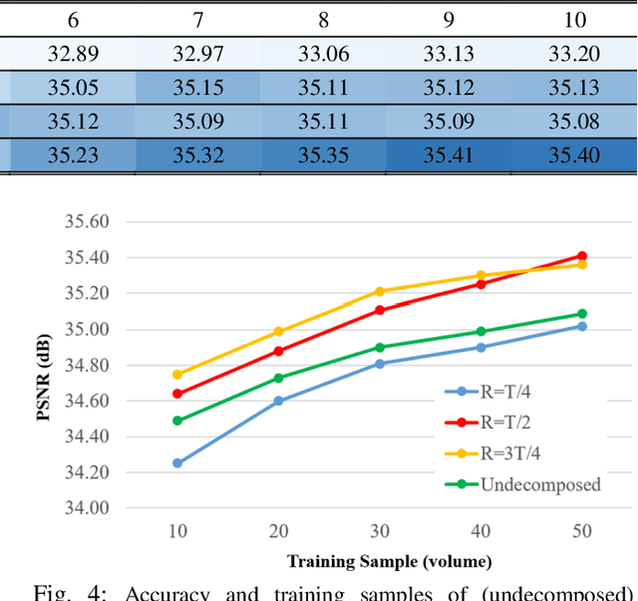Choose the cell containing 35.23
pos(69,156)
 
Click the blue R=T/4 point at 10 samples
pos(177,463)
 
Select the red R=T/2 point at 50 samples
pos(582,256)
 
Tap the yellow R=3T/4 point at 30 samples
pos(380,292)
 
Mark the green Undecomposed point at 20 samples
pos(278,378)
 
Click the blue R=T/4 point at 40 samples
pos(480,347)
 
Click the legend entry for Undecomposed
pos(539,485)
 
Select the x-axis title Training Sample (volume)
pos(389,561)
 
